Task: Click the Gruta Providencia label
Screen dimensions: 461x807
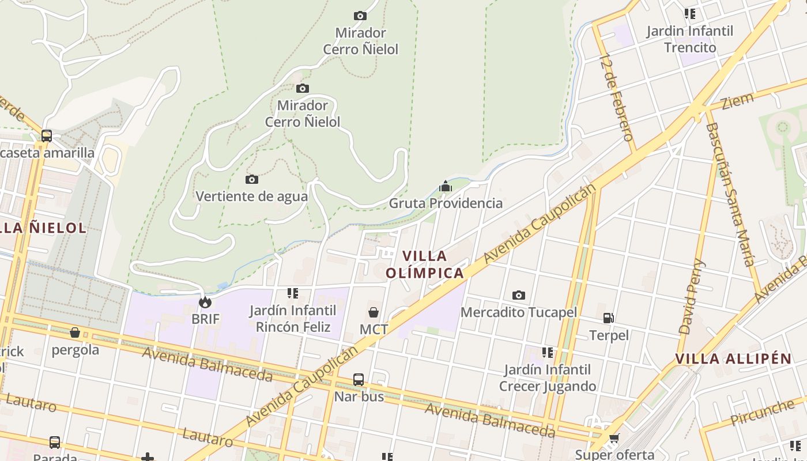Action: pos(446,203)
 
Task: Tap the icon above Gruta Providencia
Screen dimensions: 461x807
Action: pos(445,186)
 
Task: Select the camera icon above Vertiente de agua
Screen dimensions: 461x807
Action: pos(252,179)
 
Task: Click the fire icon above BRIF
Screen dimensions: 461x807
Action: pos(205,302)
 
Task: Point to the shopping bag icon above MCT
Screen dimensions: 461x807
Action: pos(374,312)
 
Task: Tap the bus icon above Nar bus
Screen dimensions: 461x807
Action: pos(359,380)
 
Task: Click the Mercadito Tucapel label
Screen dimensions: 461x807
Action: pos(518,312)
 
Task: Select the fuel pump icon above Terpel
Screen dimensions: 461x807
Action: pos(608,318)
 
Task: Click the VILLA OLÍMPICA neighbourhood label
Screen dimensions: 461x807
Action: pos(425,264)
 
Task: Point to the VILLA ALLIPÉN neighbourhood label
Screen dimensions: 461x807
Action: pos(733,358)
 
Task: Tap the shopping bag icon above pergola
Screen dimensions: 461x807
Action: pos(75,332)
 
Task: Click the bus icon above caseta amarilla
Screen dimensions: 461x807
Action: pos(47,136)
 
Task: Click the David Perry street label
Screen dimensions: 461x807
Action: pos(692,296)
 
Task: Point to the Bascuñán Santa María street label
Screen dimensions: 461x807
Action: pos(730,194)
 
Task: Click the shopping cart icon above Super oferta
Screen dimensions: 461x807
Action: pos(614,439)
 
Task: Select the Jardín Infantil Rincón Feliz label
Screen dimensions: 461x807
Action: pos(293,319)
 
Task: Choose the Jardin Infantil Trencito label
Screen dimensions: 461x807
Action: pos(689,39)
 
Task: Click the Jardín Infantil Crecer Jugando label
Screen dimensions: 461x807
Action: pos(547,377)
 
